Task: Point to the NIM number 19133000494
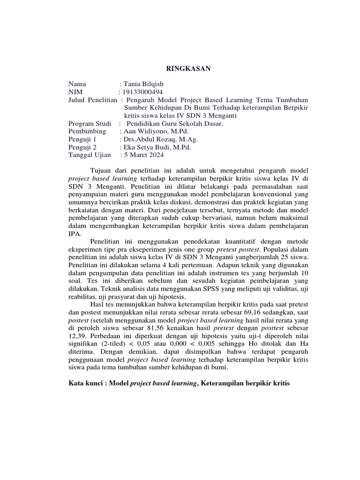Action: (143, 91)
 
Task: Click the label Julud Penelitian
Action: (93, 99)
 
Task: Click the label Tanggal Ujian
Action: (90, 155)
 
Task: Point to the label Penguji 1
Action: (82, 139)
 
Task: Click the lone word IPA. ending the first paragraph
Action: (75, 234)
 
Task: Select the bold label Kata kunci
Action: (88, 383)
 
